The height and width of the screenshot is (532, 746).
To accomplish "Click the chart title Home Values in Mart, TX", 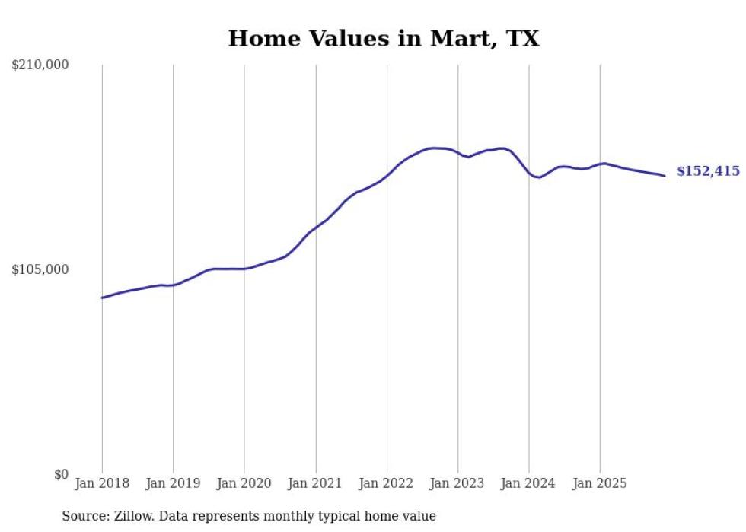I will point(384,39).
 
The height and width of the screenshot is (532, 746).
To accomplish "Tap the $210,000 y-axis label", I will point(40,65).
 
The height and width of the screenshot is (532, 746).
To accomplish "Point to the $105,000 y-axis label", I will point(40,269).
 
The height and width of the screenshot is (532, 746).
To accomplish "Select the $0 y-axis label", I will point(61,474).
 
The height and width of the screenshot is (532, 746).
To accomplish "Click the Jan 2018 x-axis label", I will point(102,483).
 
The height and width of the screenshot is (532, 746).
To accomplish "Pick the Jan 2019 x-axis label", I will point(173,483).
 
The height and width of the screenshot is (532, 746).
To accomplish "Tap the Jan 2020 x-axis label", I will point(244,483).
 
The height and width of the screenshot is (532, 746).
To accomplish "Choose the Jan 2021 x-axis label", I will point(315,483).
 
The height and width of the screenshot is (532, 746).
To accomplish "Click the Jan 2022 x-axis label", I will point(387,483).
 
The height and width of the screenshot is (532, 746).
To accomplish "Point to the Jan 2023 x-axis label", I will point(457,483).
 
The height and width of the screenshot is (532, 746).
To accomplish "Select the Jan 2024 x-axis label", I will point(529,483).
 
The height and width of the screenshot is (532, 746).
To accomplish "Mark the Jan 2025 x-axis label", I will point(600,483).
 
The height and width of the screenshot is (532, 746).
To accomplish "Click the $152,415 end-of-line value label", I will point(708,172).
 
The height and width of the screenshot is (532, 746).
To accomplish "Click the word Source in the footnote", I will point(82,516).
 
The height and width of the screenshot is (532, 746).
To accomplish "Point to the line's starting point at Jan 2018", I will point(102,298).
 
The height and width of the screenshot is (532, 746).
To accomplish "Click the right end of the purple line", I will point(665,176).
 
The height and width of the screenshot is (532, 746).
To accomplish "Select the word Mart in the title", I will point(451,39).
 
